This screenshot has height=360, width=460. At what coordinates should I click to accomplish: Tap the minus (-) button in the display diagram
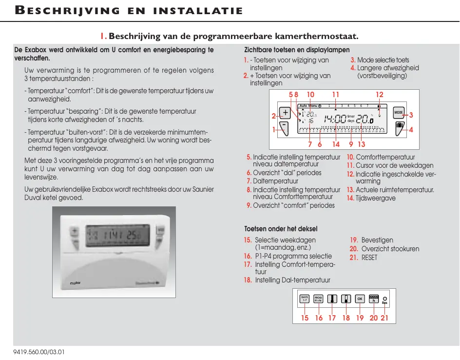(x=285, y=128)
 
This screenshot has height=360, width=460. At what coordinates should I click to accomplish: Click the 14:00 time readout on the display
(x=335, y=119)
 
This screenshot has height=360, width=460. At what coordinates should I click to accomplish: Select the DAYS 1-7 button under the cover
(x=305, y=299)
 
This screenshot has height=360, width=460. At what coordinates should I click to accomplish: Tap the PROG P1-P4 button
(x=318, y=299)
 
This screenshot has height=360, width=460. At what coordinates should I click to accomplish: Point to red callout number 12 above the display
(x=380, y=95)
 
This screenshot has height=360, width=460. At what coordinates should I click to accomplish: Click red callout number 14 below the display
(x=336, y=144)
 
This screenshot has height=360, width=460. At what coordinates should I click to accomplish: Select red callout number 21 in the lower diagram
(x=384, y=318)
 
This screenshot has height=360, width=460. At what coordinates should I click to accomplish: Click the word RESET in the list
(x=369, y=257)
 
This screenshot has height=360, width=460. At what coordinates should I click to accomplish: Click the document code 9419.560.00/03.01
(x=39, y=352)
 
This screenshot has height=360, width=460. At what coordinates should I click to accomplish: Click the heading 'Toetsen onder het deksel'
(x=281, y=229)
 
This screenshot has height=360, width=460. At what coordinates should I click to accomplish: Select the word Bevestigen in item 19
(x=377, y=240)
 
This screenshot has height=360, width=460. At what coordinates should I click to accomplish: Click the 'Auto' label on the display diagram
(x=304, y=105)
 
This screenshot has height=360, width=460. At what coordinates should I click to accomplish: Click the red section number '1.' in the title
(x=103, y=36)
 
